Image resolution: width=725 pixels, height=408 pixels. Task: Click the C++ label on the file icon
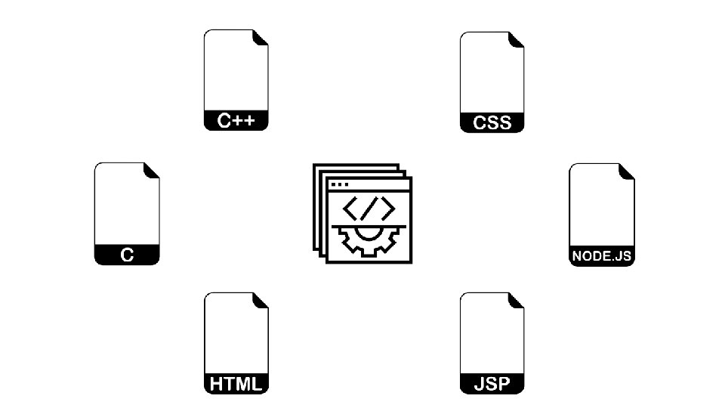236,121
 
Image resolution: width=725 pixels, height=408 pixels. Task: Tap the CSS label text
492,122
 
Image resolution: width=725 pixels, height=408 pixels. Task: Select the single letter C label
127,255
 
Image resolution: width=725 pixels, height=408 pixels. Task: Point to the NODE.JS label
601,256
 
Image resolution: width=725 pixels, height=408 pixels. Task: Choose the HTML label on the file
236,384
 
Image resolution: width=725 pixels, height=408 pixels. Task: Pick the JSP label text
492,384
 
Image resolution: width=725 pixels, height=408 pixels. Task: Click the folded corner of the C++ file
261,38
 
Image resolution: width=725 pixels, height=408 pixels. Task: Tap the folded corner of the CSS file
517,40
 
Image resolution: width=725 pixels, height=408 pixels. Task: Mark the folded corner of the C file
153,171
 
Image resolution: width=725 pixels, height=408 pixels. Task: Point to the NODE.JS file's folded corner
627,172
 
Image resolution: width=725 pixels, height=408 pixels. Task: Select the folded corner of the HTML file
261,301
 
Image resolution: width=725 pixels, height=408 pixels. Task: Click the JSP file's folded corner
517,301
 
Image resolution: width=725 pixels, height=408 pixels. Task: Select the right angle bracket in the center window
385,208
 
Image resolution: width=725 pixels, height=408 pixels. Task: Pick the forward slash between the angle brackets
369,208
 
